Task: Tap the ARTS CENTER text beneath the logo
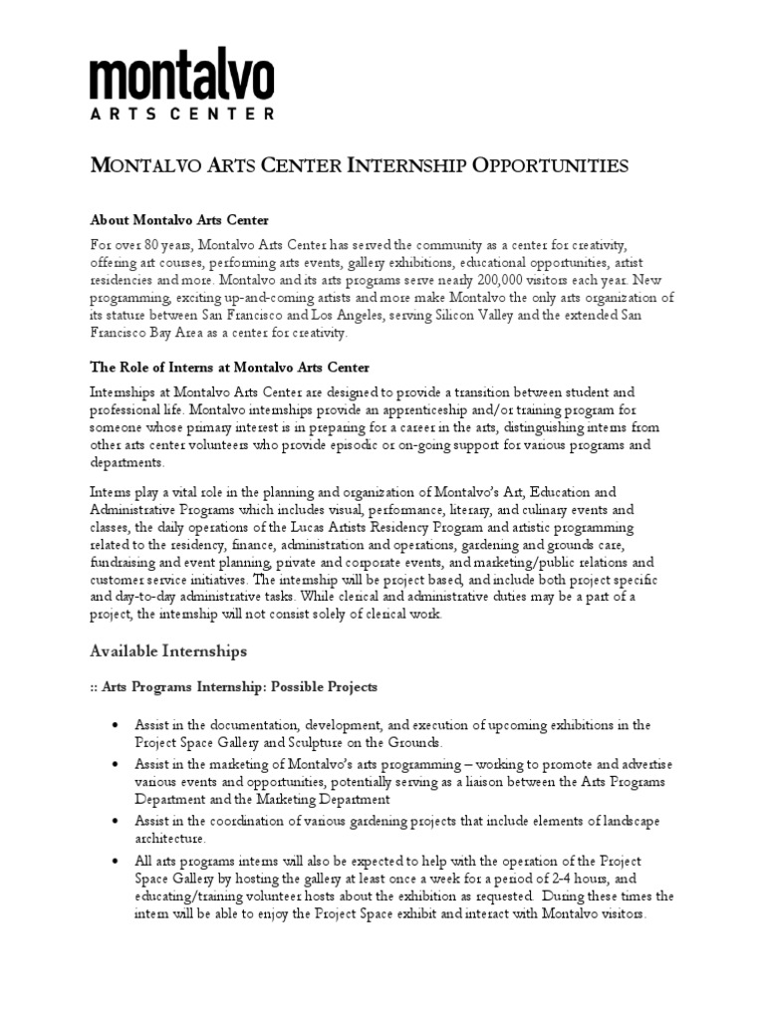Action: [182, 114]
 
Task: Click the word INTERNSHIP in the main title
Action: [412, 165]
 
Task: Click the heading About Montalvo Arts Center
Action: [179, 219]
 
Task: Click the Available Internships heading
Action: [168, 650]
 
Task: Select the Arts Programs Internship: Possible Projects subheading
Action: [234, 687]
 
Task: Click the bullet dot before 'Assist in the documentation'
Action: [120, 724]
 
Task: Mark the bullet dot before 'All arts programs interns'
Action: [120, 861]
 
